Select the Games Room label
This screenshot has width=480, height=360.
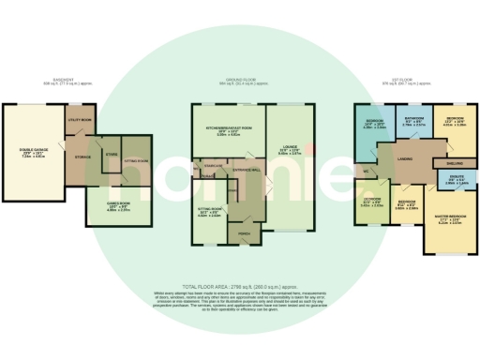click(x=117, y=207)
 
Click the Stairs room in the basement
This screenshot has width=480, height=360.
click(x=112, y=153)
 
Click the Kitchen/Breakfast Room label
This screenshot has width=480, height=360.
click(x=229, y=130)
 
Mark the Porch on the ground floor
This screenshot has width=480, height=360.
click(x=243, y=232)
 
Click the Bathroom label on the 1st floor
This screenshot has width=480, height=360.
click(x=414, y=121)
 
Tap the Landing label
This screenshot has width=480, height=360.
click(x=405, y=158)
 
